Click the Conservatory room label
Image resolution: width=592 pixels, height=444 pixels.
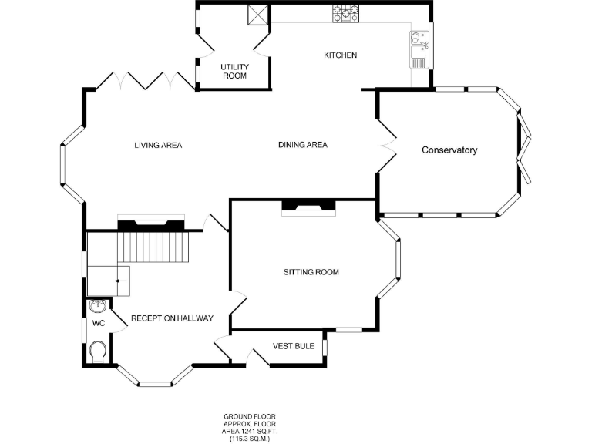(449, 150)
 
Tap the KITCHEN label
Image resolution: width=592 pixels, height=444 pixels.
(340, 55)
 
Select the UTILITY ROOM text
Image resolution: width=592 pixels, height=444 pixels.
(234, 72)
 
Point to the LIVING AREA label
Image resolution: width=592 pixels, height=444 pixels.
(158, 145)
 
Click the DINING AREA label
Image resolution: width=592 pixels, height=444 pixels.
(303, 145)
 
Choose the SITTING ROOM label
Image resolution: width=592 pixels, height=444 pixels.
(311, 272)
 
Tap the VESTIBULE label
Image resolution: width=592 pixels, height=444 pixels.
(294, 346)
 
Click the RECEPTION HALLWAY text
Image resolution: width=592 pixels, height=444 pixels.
(172, 318)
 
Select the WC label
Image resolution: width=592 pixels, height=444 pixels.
(99, 323)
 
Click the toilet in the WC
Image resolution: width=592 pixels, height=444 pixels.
(98, 353)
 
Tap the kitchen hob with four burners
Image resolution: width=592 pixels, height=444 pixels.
(346, 13)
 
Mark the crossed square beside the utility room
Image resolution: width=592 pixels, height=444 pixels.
(257, 15)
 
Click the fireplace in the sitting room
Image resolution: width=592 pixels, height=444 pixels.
(308, 206)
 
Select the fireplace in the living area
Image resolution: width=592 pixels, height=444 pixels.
(150, 224)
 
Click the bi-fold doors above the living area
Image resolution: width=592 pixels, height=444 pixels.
(144, 79)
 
